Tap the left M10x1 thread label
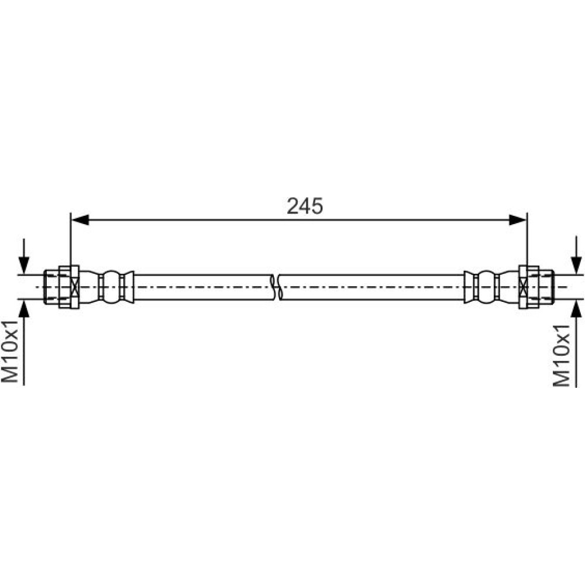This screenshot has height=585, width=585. (10, 350)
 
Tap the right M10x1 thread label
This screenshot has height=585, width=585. (562, 356)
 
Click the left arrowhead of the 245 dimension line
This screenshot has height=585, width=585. (80, 220)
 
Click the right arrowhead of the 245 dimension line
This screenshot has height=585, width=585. (518, 220)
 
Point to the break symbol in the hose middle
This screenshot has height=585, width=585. (276, 287)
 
